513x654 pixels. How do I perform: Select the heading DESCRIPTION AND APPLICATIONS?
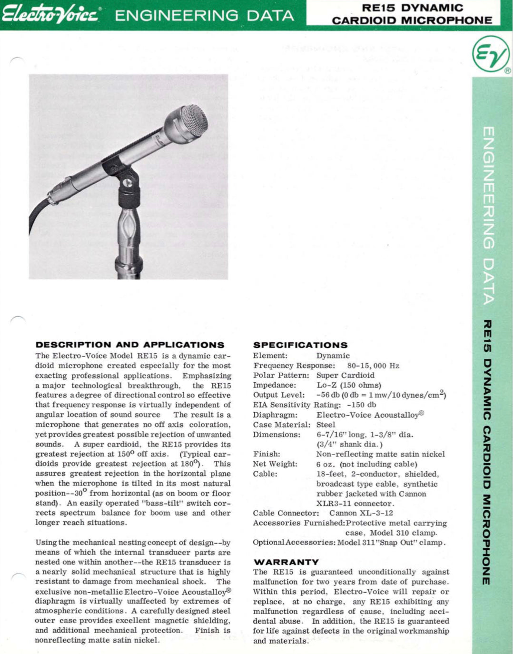(x=130, y=345)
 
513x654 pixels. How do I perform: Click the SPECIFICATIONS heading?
(x=300, y=345)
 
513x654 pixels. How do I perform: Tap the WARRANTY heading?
(x=286, y=562)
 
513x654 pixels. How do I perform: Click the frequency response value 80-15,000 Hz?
(x=373, y=366)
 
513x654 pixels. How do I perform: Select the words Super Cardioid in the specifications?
(x=345, y=375)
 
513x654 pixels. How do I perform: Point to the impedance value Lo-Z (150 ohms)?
(x=349, y=385)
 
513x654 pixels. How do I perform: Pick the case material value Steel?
(x=326, y=425)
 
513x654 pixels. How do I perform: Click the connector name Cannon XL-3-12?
(x=361, y=513)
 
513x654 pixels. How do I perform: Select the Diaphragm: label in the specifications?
(x=275, y=415)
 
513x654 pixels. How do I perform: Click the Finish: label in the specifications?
(x=266, y=454)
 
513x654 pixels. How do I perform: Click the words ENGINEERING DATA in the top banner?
(x=205, y=16)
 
